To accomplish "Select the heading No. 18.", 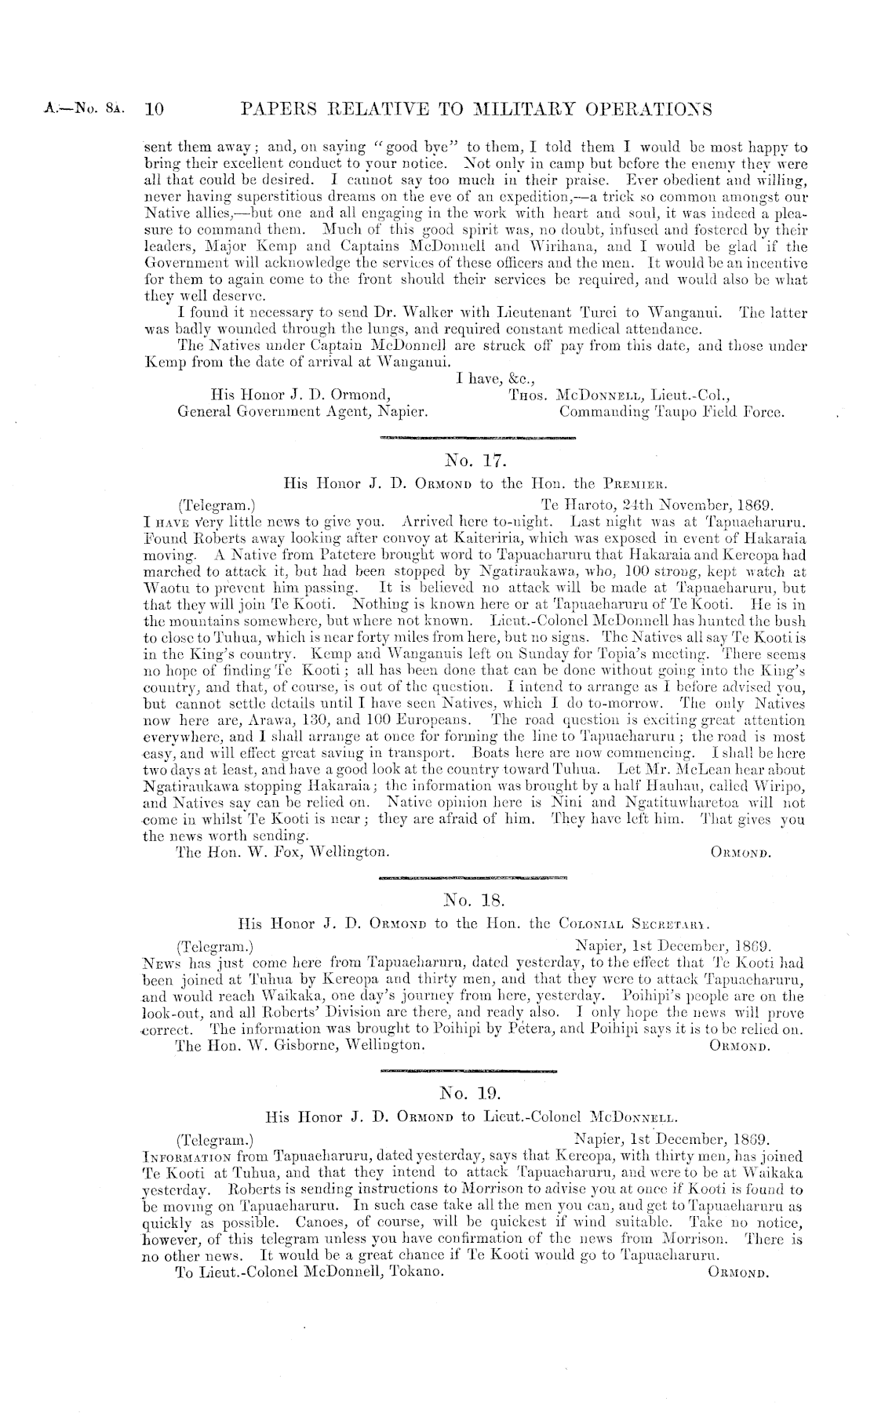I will pos(468,899).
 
